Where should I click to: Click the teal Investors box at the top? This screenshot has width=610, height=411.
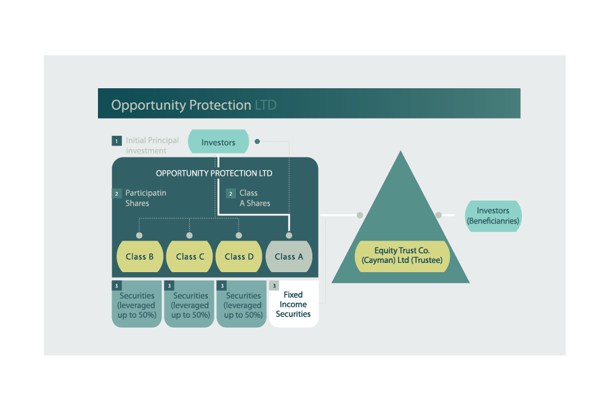click(218, 141)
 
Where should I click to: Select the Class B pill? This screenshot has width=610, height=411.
click(140, 256)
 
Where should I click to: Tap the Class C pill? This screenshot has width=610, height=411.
click(189, 256)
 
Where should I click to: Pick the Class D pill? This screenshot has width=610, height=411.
click(239, 256)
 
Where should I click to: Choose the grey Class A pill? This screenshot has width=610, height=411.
click(288, 256)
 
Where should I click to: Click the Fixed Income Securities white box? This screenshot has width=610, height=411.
click(294, 304)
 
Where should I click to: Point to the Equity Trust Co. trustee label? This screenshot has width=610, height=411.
click(402, 255)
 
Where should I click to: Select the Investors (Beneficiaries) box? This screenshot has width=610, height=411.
click(493, 216)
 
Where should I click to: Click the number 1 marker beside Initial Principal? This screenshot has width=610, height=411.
click(116, 141)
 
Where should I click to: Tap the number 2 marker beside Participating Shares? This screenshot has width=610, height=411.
click(116, 193)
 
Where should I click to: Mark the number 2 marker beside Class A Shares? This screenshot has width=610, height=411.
click(230, 193)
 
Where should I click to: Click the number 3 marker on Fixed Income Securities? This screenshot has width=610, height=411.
click(274, 286)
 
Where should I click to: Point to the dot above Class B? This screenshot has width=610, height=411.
click(139, 235)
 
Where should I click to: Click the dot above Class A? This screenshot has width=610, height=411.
click(288, 235)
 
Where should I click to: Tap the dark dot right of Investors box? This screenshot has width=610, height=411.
click(257, 141)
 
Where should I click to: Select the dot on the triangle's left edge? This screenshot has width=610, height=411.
click(360, 215)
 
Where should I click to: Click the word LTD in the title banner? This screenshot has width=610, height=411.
click(266, 105)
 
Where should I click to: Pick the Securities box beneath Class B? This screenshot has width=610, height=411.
click(137, 304)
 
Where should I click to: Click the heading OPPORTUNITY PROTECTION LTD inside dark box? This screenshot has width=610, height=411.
click(214, 173)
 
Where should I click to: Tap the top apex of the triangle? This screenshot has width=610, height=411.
click(401, 151)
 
